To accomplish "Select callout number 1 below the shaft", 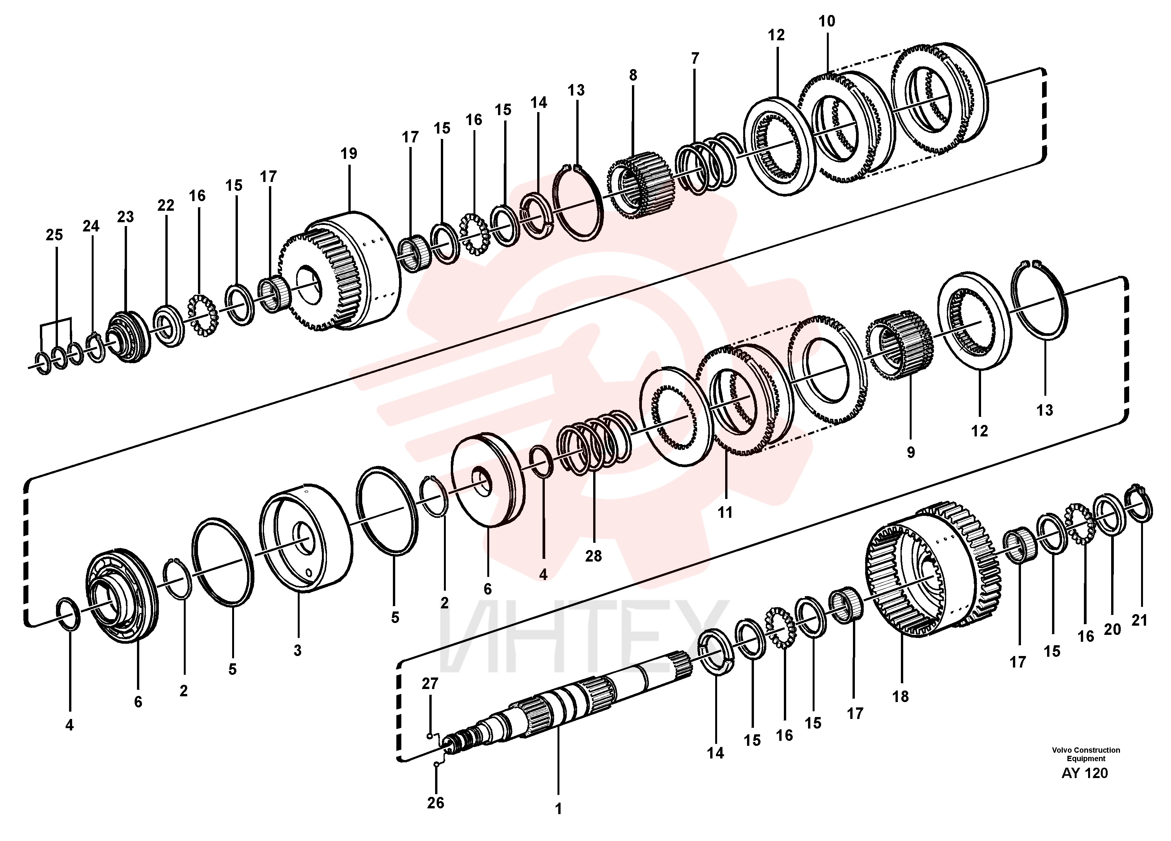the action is point(558,809).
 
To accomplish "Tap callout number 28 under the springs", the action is point(593,556).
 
